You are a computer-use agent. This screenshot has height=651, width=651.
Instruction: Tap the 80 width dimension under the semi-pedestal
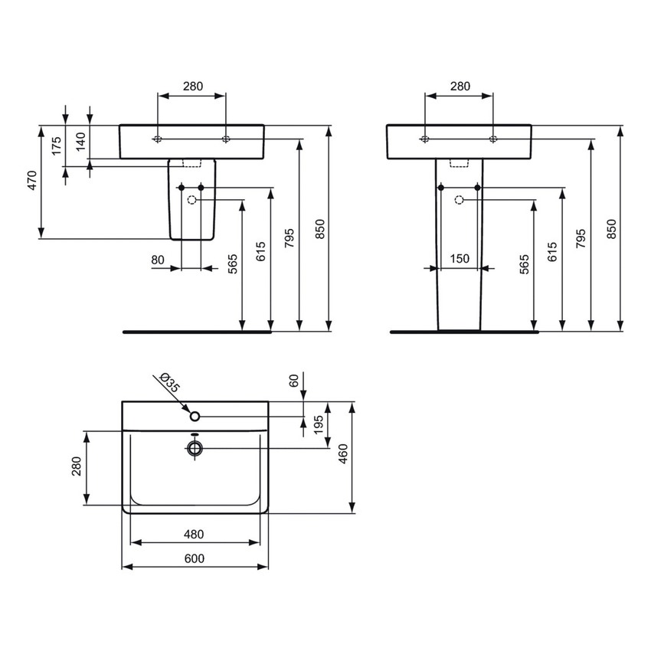click(x=159, y=260)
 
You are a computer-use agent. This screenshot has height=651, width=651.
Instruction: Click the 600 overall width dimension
click(x=195, y=558)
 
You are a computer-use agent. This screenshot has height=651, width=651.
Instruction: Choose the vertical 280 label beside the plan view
click(x=76, y=466)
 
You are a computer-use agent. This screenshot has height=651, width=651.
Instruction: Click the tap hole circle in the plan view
click(x=195, y=416)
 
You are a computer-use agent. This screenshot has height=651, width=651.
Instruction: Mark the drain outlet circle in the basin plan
click(x=195, y=447)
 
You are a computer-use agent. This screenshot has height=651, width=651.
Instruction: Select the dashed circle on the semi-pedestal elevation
click(x=191, y=200)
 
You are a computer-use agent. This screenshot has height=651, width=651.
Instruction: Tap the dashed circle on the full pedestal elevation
click(x=459, y=200)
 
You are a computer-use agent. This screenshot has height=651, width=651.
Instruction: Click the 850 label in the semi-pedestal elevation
click(x=320, y=228)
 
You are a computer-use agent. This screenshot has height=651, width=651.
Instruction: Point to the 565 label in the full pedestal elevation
click(x=525, y=263)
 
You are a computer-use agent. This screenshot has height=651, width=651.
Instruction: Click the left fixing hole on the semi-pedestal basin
click(x=157, y=139)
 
